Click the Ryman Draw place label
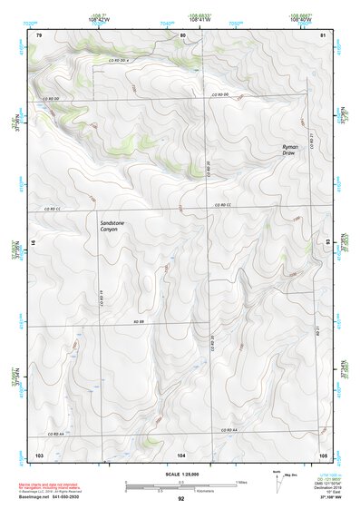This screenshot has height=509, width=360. [290, 149]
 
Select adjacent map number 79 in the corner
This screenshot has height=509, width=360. [38, 34]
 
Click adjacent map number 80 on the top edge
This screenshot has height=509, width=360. [182, 34]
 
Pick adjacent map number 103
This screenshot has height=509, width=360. [38, 453]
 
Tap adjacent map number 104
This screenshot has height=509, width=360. [181, 453]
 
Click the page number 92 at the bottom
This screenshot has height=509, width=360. [181, 498]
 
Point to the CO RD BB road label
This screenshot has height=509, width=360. [141, 322]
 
